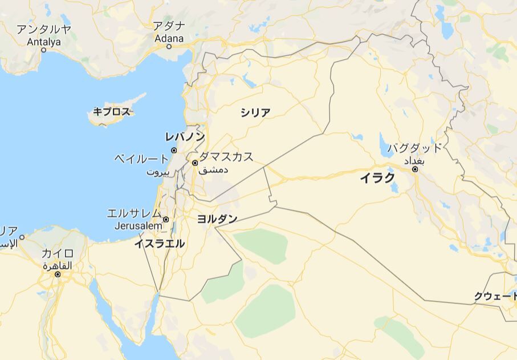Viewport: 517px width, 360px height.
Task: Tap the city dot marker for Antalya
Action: [43, 50]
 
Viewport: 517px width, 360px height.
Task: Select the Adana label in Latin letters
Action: [169, 38]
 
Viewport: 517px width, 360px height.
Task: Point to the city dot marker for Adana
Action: [169, 46]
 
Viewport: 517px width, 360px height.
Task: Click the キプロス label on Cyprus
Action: [112, 112]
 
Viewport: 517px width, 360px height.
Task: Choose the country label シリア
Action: [255, 112]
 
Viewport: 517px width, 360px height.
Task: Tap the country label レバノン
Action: [185, 136]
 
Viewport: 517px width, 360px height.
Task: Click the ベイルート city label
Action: [141, 158]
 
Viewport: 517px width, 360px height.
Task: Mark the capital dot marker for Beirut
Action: [174, 151]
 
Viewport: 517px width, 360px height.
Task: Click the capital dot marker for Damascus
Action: [195, 163]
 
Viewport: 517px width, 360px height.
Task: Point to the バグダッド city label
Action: [414, 148]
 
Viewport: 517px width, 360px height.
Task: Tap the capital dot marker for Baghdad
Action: [415, 169]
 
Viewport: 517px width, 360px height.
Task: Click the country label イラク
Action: [377, 178]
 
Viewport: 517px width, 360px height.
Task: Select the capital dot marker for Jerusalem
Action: [166, 219]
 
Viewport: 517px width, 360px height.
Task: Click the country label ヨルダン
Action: [217, 219]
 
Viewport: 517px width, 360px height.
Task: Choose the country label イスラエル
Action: [160, 244]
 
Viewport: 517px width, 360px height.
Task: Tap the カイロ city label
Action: [58, 253]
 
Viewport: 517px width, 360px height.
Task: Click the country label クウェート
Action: [495, 296]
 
